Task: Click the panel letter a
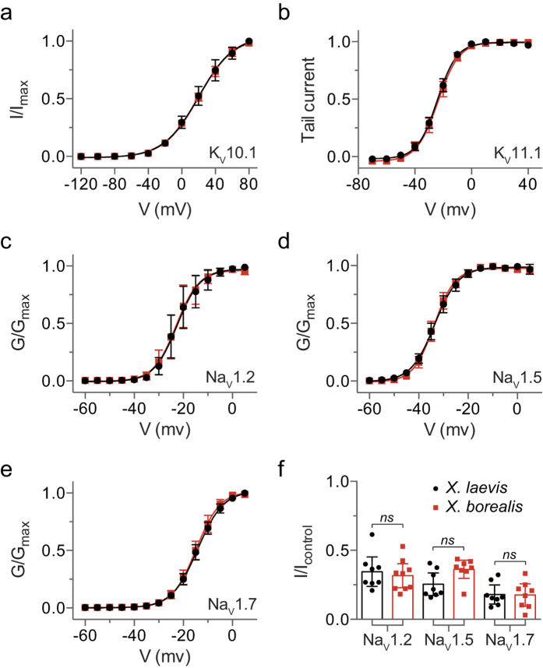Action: (11, 13)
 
